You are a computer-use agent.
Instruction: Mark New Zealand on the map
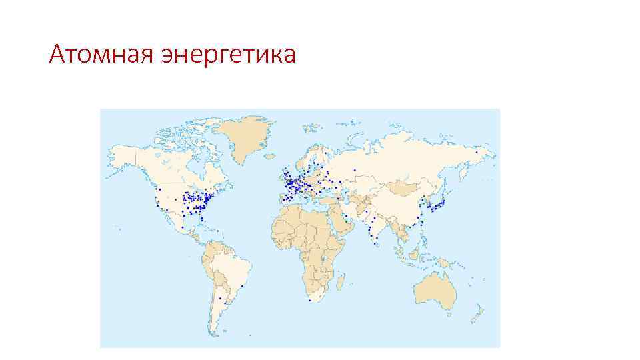pos(477,312)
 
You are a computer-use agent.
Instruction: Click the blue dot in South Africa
pos(311,301)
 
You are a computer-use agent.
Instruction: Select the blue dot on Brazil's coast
pos(242,286)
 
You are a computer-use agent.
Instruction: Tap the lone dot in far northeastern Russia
pos(477,152)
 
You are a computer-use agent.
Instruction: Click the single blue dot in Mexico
pos(182,227)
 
